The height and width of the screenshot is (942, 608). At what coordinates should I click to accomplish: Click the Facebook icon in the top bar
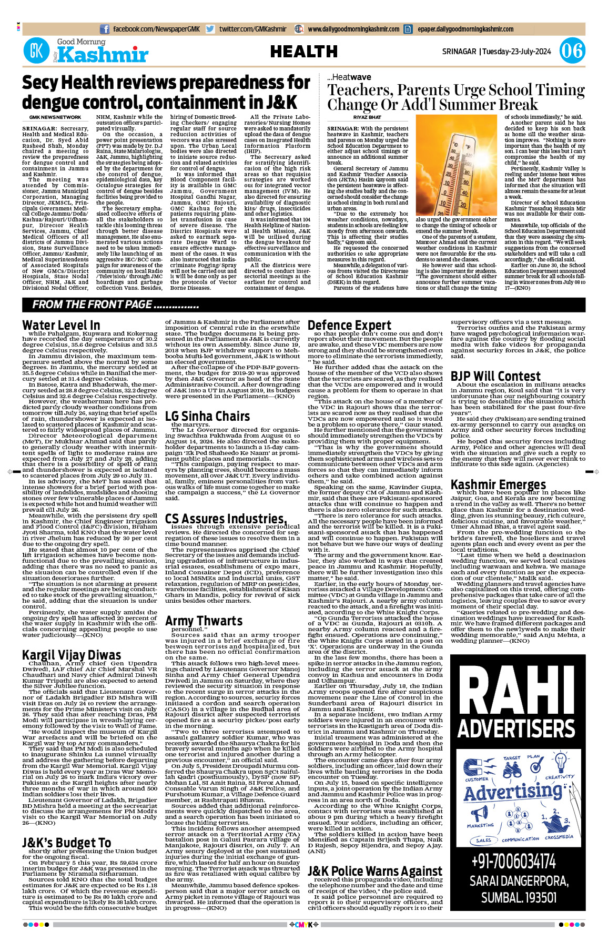[105, 29]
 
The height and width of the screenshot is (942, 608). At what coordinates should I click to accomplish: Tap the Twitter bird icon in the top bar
[210, 29]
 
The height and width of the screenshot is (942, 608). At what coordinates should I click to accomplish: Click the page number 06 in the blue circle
[572, 51]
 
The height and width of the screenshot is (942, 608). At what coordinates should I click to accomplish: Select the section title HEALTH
[303, 52]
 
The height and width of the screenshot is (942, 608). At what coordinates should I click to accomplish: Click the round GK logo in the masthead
[36, 51]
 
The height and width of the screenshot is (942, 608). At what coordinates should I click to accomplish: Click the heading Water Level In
[61, 325]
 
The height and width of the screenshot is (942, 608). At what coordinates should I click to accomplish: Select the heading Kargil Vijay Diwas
[72, 655]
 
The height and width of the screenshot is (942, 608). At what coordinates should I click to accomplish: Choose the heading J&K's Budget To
[66, 843]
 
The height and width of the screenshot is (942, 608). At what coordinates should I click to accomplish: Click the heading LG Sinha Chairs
[207, 416]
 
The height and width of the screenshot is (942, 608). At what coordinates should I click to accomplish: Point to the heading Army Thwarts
[204, 621]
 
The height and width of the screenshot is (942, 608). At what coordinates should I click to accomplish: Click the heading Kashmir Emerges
[498, 484]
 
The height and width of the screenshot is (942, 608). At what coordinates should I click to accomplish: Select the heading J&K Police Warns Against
[374, 871]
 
